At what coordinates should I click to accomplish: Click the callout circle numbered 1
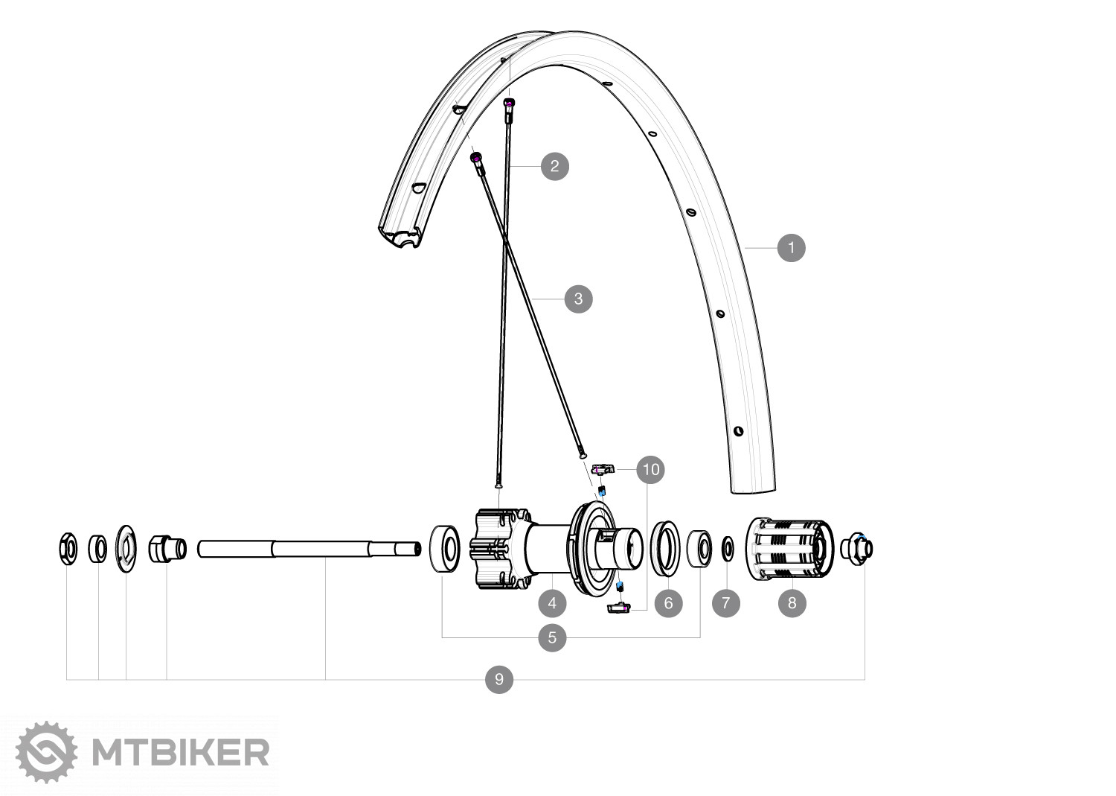click(791, 247)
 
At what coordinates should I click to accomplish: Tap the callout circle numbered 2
click(554, 166)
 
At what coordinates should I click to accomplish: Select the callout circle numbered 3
click(578, 299)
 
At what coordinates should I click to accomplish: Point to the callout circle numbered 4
click(552, 602)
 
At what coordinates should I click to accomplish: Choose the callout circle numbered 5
click(552, 637)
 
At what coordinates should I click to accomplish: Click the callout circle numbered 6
click(668, 602)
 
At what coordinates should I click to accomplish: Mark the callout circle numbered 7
click(726, 602)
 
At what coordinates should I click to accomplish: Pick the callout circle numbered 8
click(792, 602)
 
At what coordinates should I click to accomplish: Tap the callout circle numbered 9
click(499, 679)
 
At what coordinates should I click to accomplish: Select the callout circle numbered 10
click(651, 470)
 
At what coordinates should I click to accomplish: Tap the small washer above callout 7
click(727, 550)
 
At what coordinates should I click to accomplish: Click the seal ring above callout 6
click(666, 549)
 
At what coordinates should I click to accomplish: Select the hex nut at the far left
click(67, 549)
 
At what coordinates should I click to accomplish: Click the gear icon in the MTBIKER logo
click(46, 752)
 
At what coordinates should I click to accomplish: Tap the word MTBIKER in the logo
click(180, 753)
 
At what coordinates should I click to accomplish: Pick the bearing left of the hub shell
click(446, 549)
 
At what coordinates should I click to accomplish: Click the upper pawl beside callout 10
click(603, 469)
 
